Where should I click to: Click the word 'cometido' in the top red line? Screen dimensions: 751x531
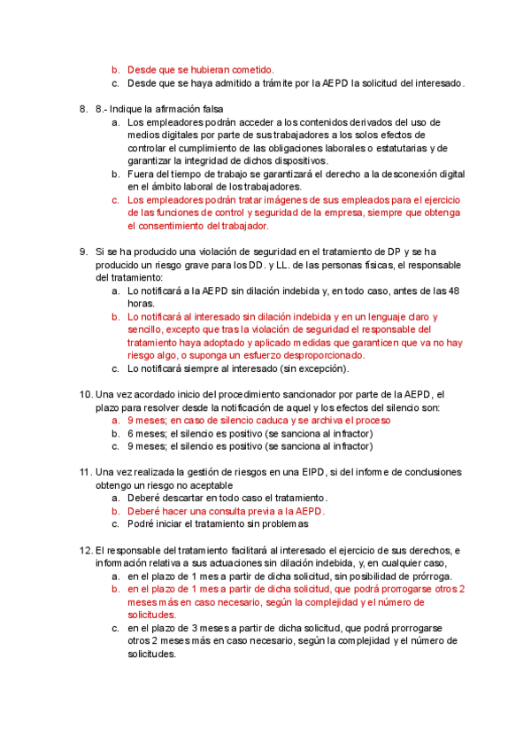(x=251, y=69)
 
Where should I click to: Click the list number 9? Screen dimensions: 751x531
(x=83, y=252)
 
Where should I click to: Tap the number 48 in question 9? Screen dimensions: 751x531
(x=453, y=290)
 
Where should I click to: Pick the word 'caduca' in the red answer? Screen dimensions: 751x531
(x=250, y=421)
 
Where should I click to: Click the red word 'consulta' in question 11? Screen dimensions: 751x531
(x=238, y=511)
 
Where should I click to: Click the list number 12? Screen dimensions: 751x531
(x=85, y=551)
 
